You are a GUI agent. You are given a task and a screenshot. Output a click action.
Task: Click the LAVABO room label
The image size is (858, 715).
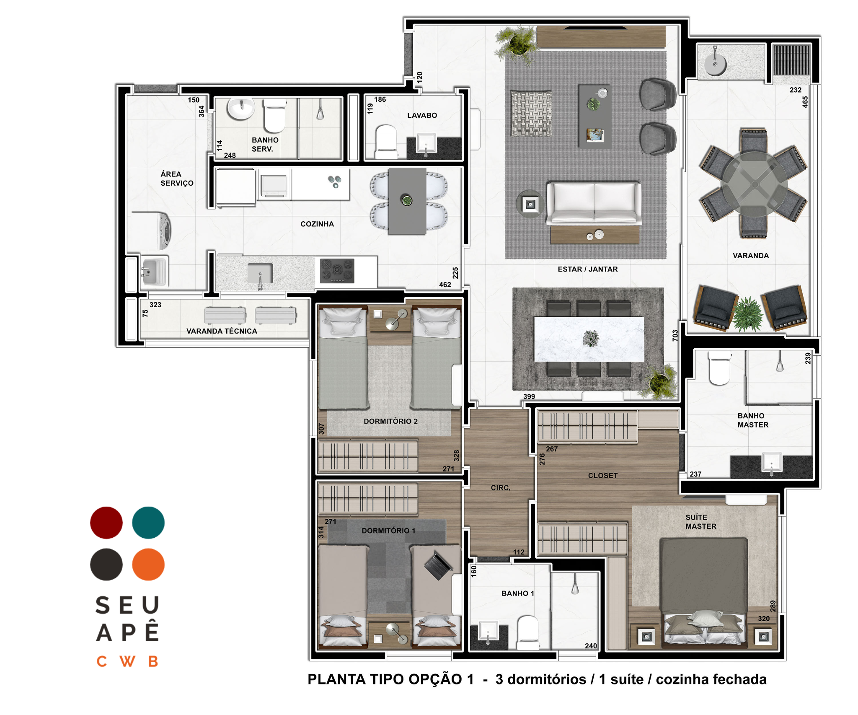422,115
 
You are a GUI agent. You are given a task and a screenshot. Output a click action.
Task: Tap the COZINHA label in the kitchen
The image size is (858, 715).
317,224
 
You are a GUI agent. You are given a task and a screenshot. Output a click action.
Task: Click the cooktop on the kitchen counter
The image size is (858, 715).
337,270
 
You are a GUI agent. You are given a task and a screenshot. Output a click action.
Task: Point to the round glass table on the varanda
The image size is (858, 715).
754,184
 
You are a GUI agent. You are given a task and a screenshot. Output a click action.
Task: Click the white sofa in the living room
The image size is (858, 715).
594,203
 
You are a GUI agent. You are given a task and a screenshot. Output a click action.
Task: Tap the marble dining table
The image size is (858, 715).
589,339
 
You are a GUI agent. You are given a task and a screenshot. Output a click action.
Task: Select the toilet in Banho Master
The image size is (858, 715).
719,368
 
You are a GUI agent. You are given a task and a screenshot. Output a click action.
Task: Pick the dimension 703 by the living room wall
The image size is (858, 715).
675,335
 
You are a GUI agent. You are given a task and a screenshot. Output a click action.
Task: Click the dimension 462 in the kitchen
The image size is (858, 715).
445,285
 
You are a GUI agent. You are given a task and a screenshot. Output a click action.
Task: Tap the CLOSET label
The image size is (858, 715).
602,476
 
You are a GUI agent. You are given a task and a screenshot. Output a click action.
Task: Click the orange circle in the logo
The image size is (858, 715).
148,564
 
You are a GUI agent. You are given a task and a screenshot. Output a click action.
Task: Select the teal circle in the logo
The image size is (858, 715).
148,523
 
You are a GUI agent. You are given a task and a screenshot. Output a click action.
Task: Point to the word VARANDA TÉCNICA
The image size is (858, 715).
222,331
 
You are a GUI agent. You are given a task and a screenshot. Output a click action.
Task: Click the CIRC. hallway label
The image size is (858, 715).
501,488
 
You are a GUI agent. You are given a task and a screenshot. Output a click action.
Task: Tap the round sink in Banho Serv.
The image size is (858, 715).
241,108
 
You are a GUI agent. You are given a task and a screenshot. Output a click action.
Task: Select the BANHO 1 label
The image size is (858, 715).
518,593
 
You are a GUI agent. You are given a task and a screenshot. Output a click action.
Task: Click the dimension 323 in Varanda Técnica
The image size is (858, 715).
155,305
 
